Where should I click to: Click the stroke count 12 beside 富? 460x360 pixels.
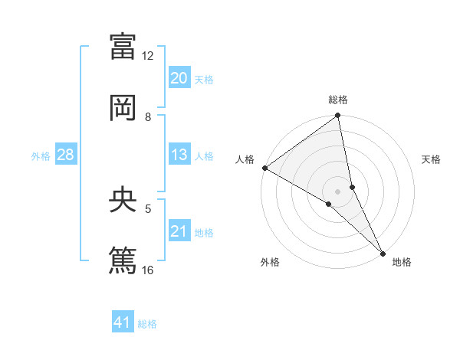click(147, 56)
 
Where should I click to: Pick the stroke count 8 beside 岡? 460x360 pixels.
click(148, 117)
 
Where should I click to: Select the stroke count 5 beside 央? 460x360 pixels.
click(148, 208)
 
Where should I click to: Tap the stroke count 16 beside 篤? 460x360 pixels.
click(147, 269)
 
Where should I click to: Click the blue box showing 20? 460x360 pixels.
click(179, 78)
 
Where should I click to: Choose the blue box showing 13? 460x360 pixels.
click(179, 155)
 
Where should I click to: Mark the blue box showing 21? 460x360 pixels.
click(179, 231)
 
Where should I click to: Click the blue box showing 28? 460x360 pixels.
click(66, 155)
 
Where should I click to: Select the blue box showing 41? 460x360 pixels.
click(123, 322)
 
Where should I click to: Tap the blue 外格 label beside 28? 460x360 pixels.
click(41, 156)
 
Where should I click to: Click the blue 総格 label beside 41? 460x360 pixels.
click(147, 324)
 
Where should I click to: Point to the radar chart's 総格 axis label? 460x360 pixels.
click(338, 100)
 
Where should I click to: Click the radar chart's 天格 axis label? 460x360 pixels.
click(431, 159)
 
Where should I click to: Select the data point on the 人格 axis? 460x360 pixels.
click(264, 168)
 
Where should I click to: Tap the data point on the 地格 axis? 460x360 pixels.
click(383, 252)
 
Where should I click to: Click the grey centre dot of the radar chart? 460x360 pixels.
click(338, 191)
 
